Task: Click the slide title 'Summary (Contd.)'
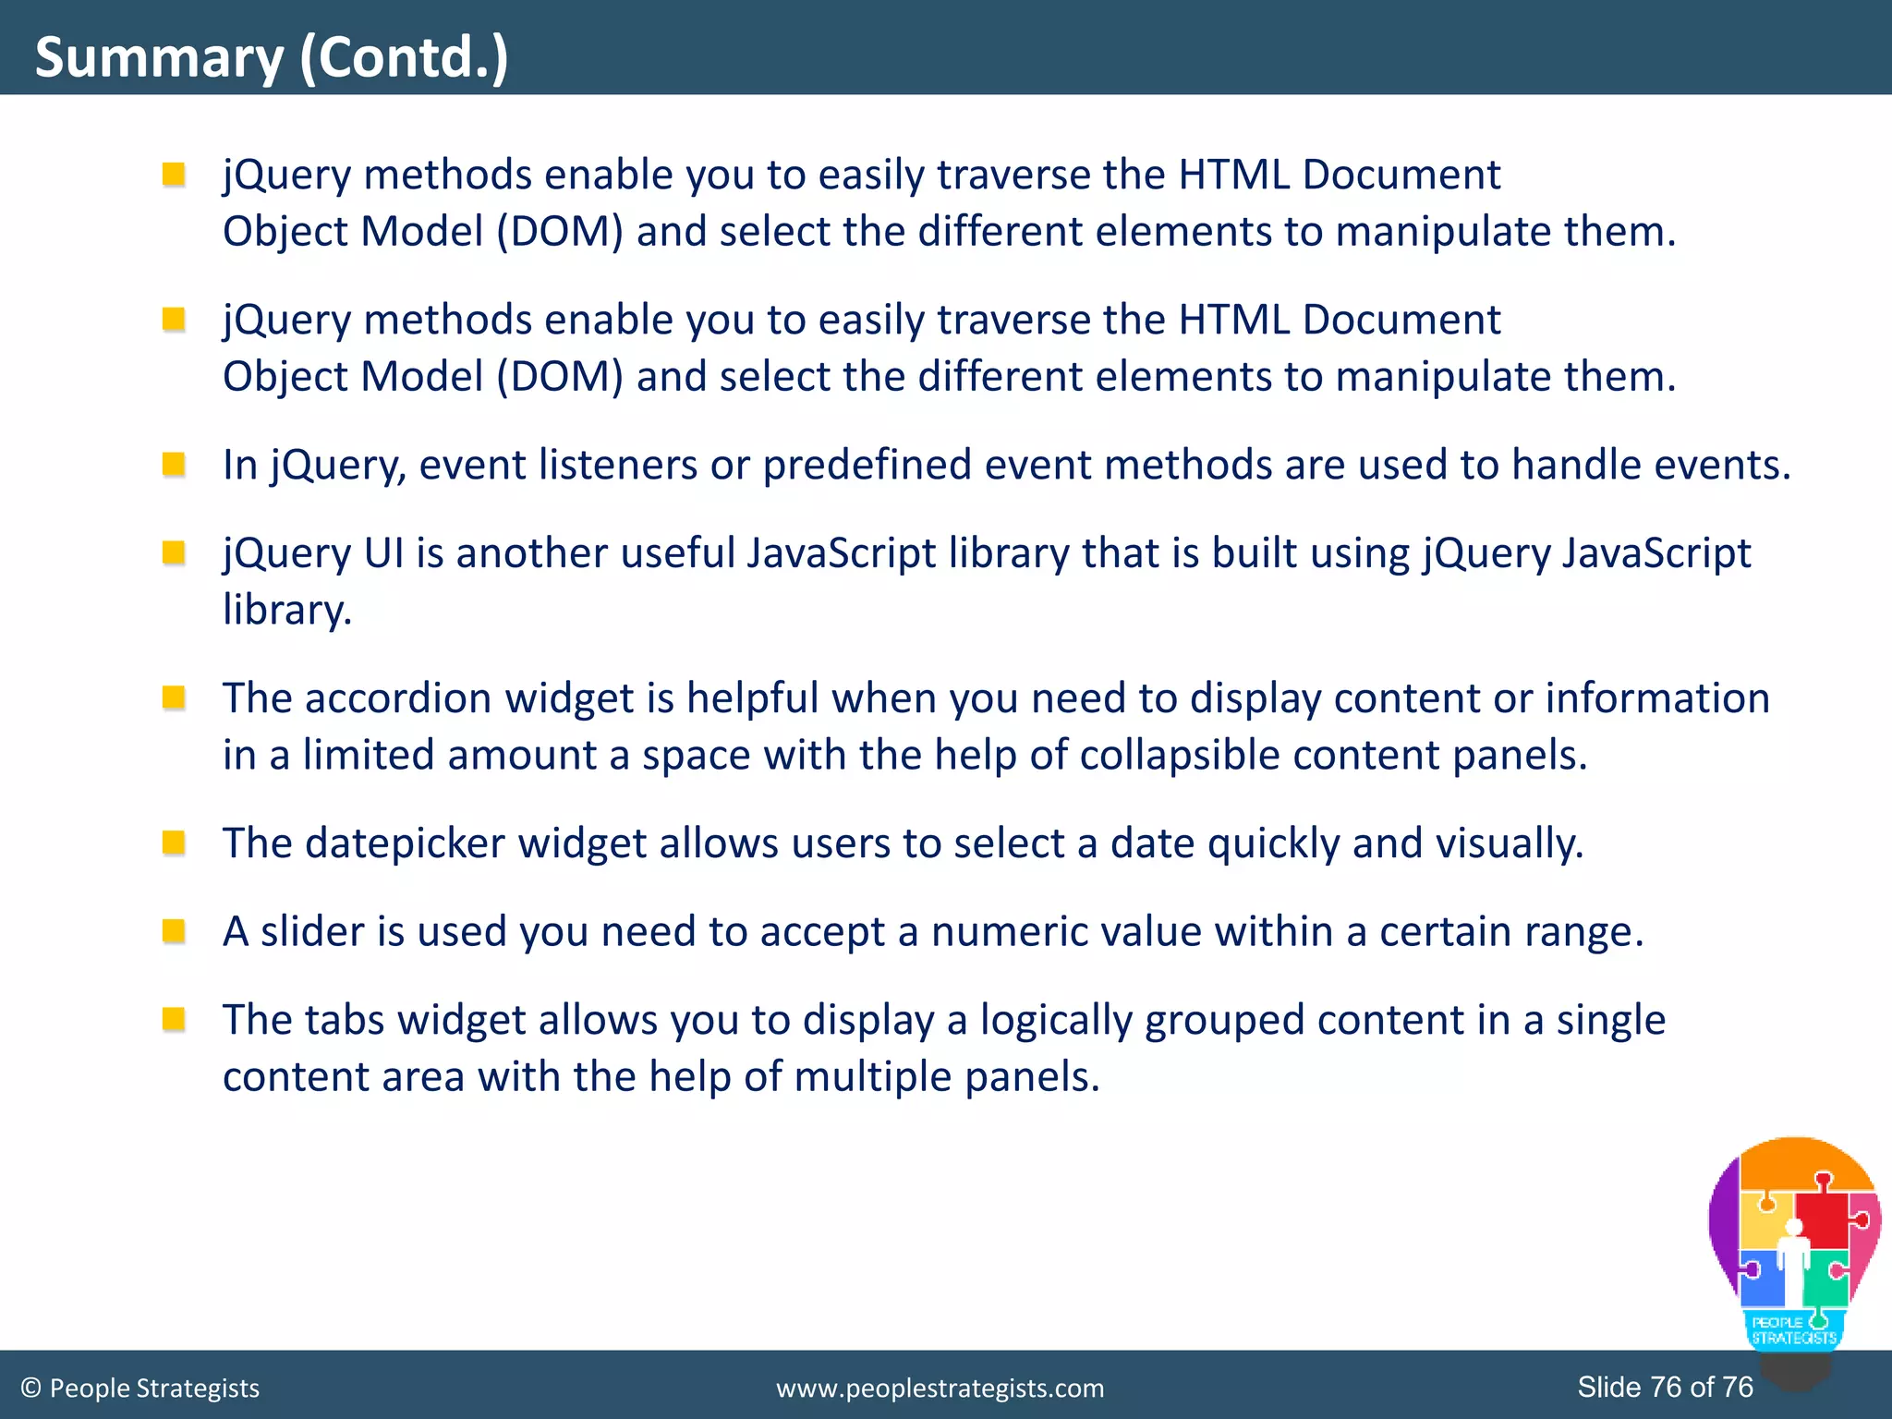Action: pos(272,57)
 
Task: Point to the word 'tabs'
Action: pos(344,1020)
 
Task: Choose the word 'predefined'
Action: pos(867,465)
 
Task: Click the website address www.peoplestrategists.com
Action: pos(940,1389)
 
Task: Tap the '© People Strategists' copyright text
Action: pos(140,1389)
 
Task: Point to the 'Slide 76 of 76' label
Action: pos(1665,1387)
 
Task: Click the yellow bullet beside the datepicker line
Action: pos(174,843)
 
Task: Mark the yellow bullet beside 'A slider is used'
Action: pos(174,930)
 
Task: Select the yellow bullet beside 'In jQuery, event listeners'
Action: pos(174,464)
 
